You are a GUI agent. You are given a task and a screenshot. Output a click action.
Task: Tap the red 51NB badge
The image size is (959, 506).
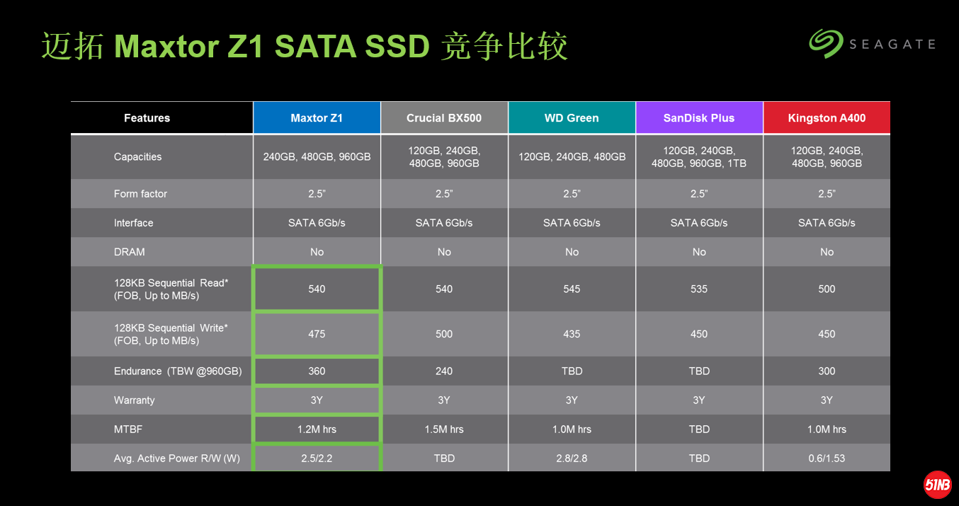[937, 485]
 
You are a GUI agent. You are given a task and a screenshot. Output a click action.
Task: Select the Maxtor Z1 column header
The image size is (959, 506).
[317, 118]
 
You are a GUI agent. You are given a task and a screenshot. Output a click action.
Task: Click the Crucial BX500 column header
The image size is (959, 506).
[444, 118]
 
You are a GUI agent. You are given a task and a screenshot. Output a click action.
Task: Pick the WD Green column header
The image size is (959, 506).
[572, 118]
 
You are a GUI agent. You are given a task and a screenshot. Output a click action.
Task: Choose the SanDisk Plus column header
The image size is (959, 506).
[699, 118]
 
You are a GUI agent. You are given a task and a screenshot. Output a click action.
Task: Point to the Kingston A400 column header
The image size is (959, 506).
[827, 118]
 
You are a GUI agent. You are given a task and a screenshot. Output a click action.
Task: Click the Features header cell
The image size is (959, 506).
[147, 118]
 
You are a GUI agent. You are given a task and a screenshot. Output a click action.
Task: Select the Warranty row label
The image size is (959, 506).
[134, 401]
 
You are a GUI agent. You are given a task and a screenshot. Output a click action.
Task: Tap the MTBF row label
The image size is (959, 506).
[128, 430]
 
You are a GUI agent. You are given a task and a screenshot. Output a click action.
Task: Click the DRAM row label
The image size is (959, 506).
[130, 252]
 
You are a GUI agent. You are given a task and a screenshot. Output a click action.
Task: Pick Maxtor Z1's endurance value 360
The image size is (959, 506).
[317, 372]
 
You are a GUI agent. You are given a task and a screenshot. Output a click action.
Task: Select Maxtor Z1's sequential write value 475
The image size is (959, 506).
[317, 334]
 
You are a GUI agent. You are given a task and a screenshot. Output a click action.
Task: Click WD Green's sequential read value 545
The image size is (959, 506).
[572, 289]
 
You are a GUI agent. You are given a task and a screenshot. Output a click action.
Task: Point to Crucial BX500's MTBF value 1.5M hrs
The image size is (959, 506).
[444, 430]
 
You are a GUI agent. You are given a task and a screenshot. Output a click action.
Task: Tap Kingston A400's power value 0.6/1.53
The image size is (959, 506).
[827, 459]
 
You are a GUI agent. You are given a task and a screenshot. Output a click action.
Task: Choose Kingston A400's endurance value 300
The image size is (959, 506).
[827, 372]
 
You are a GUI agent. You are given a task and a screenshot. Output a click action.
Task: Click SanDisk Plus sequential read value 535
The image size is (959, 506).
[699, 289]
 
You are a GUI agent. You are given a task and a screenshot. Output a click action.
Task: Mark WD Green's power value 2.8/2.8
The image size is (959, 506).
[572, 459]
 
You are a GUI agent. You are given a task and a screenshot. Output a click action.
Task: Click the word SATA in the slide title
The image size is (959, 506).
[315, 46]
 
